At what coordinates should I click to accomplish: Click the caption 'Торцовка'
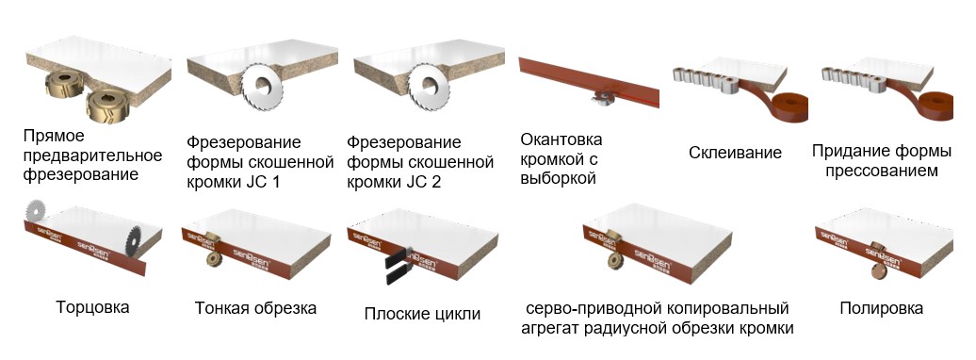coord(92,307)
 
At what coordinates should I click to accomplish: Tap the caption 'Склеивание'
coord(735,153)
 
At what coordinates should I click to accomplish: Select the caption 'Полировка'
coord(882,307)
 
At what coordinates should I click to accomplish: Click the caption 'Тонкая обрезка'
coord(255,307)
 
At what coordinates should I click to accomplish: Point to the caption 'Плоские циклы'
coord(422,313)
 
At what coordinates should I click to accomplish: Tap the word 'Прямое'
coord(54,137)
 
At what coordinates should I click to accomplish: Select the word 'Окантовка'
coord(561,139)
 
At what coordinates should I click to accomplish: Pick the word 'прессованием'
coord(882,171)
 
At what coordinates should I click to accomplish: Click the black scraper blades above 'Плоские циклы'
coord(398,264)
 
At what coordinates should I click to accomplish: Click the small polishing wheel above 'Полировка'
coord(879,267)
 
